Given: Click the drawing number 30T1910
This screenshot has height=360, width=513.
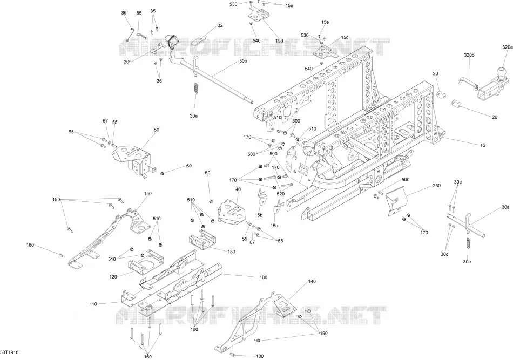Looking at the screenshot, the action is tap(9, 352).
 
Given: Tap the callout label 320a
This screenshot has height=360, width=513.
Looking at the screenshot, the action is tap(508, 47).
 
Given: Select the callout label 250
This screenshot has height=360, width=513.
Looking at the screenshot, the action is tap(436, 185).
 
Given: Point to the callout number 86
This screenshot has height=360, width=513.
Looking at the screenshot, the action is tap(124, 13).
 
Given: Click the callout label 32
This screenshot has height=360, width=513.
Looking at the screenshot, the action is tap(220, 25).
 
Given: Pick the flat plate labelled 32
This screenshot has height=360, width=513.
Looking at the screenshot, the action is tap(199, 40).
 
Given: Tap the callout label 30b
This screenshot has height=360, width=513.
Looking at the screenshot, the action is tap(243, 61).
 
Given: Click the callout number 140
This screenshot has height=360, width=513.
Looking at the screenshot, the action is tap(312, 281).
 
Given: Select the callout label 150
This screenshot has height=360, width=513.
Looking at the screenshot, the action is tap(148, 194).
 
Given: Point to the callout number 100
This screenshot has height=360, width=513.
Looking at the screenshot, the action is tap(264, 277).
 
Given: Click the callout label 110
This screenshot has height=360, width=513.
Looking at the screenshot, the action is tap(93, 304).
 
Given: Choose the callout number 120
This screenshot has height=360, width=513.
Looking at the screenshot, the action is tap(113, 277).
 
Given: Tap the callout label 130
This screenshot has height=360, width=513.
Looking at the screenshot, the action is tap(231, 252).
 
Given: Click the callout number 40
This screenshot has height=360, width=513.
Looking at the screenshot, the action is tap(238, 189).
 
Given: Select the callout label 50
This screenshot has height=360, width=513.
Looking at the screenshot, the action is tap(157, 130).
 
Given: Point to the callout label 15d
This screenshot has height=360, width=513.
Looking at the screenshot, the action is tap(279, 41).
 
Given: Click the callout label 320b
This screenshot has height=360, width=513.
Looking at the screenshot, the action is tap(469, 55).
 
